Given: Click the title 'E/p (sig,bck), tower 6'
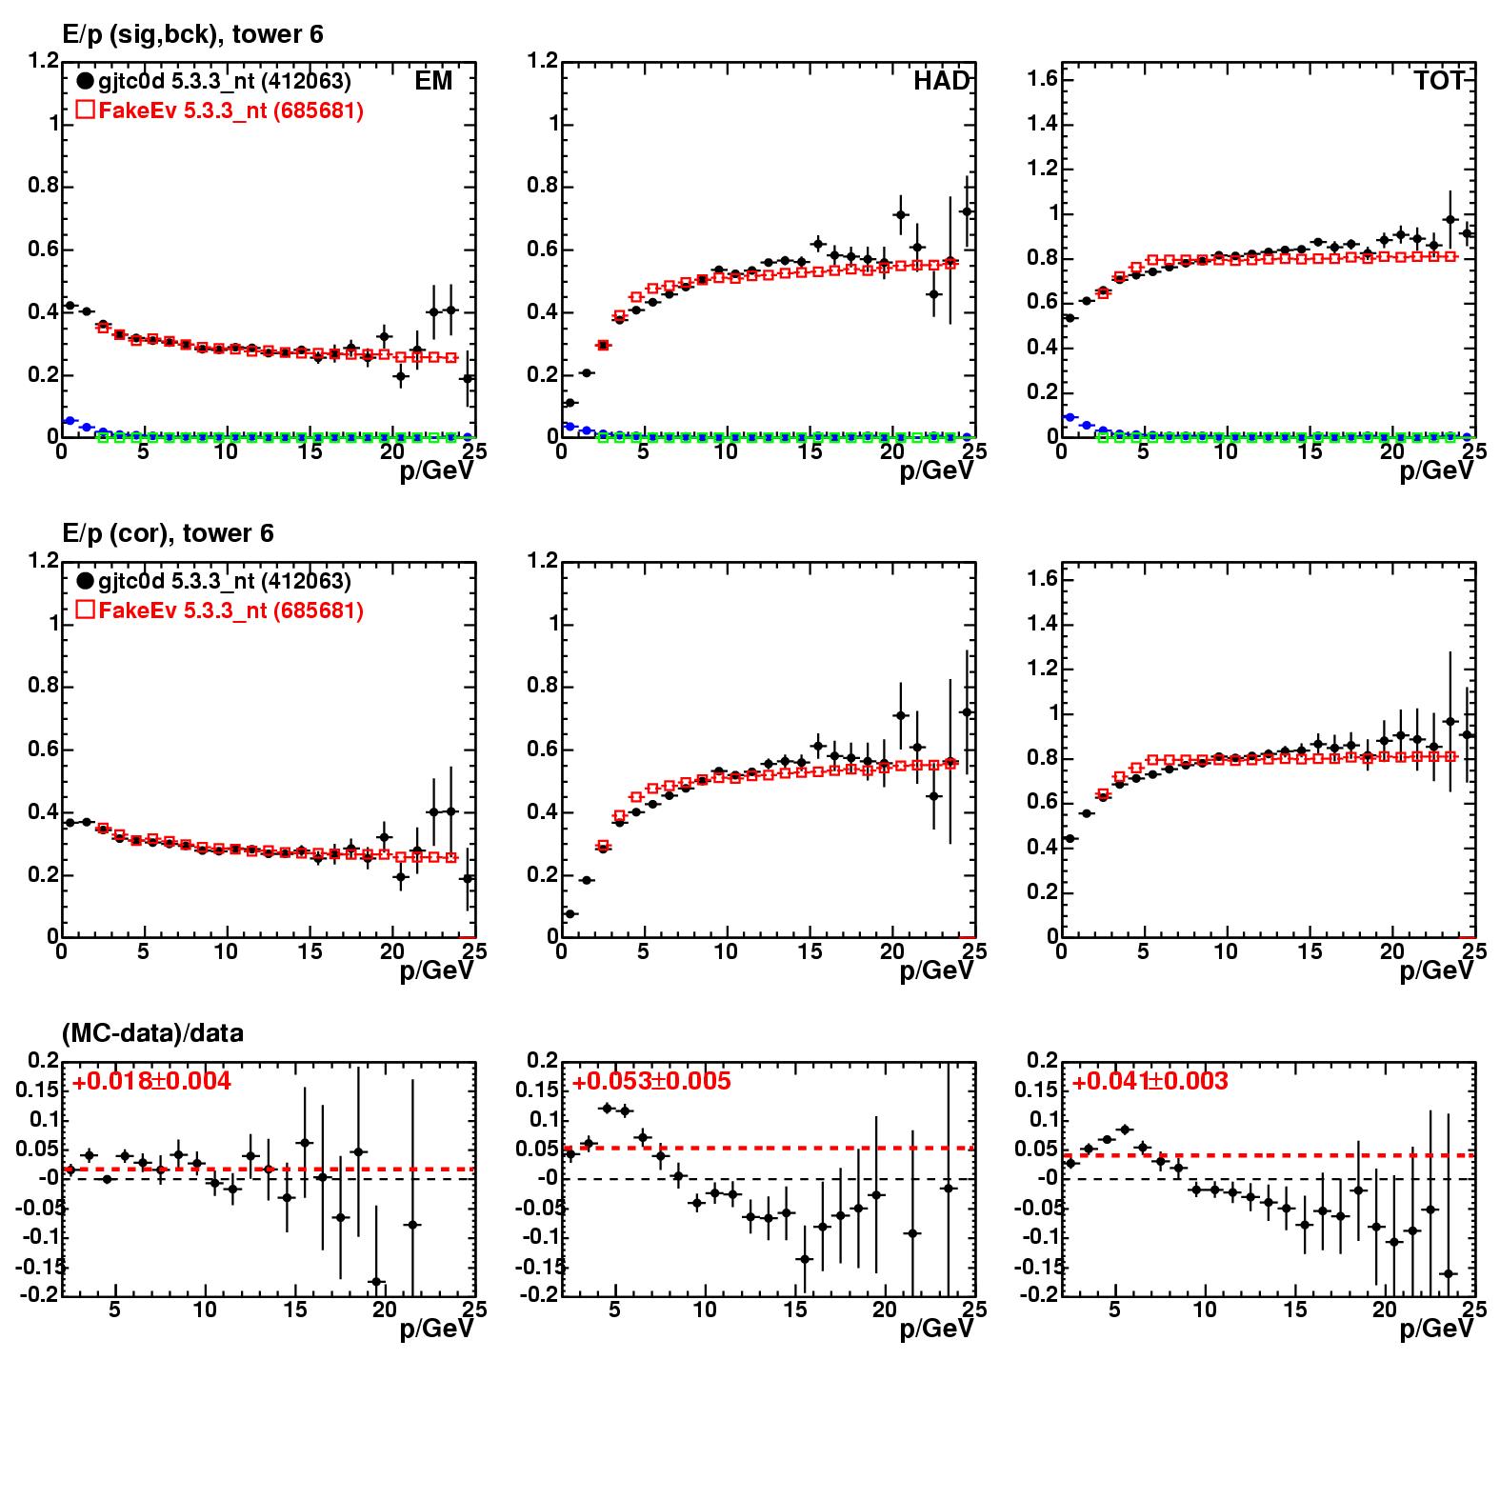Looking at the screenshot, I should [x=192, y=35].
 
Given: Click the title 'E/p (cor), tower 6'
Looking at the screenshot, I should [x=168, y=533].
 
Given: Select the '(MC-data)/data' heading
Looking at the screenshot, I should [x=152, y=1033].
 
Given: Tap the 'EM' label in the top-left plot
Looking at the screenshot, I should [x=433, y=81].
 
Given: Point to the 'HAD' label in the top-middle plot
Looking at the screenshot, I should [x=940, y=81].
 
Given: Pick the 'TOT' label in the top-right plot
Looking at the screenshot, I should [x=1438, y=81].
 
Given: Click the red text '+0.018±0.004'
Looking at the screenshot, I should [x=151, y=1082].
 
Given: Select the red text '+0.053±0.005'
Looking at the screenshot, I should [x=651, y=1082].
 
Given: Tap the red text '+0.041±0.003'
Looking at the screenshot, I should [x=1150, y=1082].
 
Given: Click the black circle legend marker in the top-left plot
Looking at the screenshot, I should [x=85, y=82].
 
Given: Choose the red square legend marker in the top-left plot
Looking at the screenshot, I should [x=85, y=110].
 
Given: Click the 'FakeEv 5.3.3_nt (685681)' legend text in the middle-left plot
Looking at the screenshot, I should [x=230, y=610].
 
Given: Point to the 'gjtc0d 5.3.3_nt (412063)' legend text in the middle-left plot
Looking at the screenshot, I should [x=225, y=582].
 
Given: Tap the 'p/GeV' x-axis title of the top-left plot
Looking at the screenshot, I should [x=436, y=470].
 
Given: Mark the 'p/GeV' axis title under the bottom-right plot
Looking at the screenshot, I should [x=1436, y=1329].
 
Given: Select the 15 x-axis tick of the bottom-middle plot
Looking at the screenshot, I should [x=795, y=1310].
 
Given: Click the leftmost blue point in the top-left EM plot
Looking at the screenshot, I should [x=68, y=420].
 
